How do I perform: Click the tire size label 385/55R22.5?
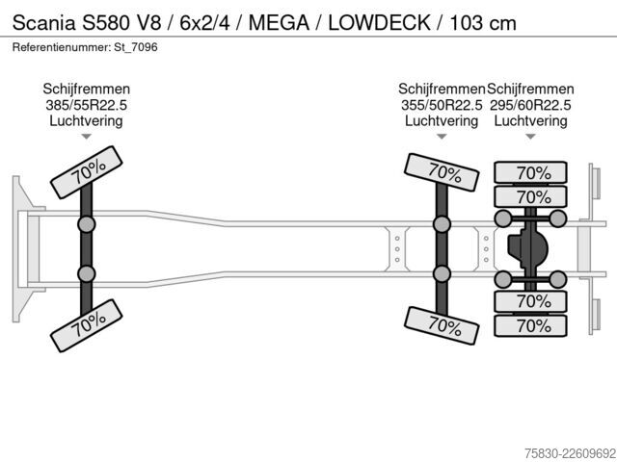click(x=86, y=105)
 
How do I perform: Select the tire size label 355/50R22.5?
click(x=442, y=105)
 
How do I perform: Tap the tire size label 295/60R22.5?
click(x=530, y=105)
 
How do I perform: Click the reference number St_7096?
click(x=136, y=47)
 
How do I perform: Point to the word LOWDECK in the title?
click(x=379, y=23)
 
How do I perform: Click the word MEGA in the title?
click(x=279, y=23)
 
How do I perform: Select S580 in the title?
click(x=105, y=23)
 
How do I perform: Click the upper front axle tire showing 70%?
click(x=87, y=172)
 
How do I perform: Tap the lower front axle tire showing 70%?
click(x=87, y=325)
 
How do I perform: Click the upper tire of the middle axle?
click(x=442, y=172)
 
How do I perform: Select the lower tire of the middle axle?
click(x=442, y=325)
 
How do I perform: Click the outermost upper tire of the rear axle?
click(x=530, y=172)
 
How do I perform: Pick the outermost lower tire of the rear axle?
click(x=530, y=325)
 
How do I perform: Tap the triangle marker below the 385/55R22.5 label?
click(x=86, y=137)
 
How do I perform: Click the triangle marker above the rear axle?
click(x=530, y=137)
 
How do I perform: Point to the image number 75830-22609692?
click(x=570, y=452)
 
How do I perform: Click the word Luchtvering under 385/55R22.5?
click(x=86, y=120)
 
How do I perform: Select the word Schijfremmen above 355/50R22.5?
click(x=442, y=90)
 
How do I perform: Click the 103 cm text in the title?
click(x=483, y=23)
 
